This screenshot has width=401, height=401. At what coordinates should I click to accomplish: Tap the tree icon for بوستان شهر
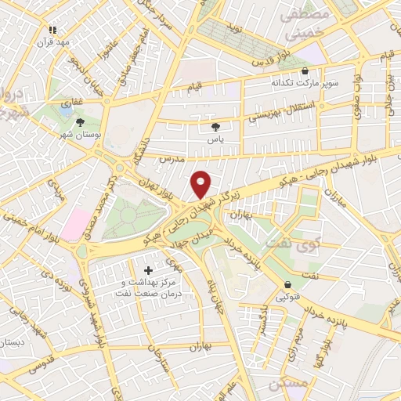click(80, 121)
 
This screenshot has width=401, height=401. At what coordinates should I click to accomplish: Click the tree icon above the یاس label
click(216, 126)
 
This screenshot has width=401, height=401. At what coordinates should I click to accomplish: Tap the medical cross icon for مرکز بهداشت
click(148, 270)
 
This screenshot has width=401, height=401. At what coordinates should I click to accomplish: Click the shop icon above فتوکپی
click(288, 284)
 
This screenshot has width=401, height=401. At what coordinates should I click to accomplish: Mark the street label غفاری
click(70, 103)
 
